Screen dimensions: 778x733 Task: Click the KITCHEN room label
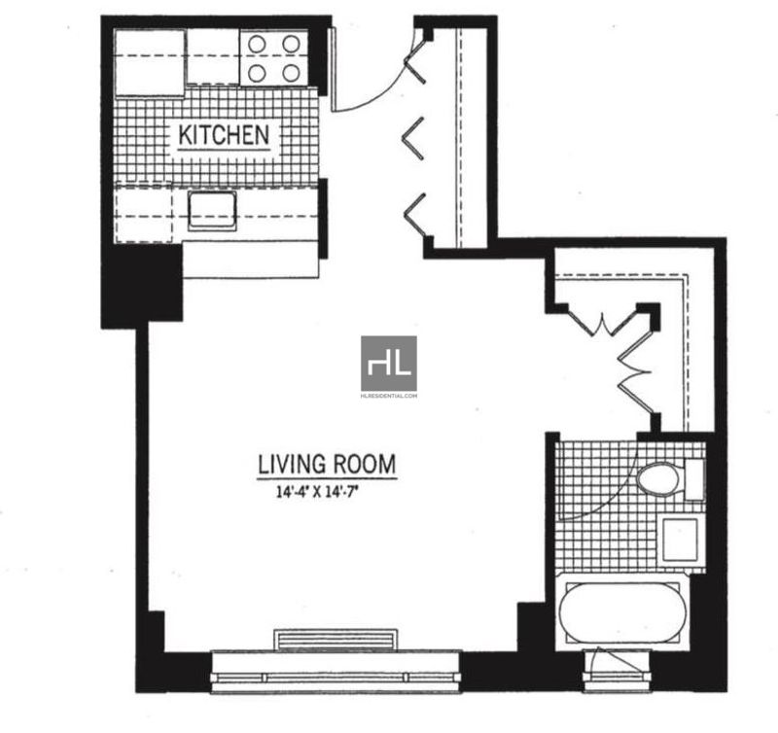pyautogui.click(x=224, y=135)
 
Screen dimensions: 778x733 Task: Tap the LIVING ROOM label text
pyautogui.click(x=327, y=464)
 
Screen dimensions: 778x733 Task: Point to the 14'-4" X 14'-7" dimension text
pyautogui.click(x=318, y=493)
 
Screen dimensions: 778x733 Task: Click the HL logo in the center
pyautogui.click(x=389, y=364)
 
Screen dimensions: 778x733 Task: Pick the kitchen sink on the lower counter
pyautogui.click(x=212, y=210)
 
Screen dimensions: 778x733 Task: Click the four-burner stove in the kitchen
pyautogui.click(x=273, y=58)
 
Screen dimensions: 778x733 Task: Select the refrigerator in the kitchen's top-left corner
pyautogui.click(x=150, y=62)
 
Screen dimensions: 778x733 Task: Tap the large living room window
pyautogui.click(x=336, y=672)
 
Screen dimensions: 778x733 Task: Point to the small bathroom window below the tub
pyautogui.click(x=617, y=669)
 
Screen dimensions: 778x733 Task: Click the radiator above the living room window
pyautogui.click(x=336, y=640)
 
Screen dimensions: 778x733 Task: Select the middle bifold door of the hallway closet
pyautogui.click(x=414, y=135)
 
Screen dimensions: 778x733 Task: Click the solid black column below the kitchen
pyautogui.click(x=142, y=286)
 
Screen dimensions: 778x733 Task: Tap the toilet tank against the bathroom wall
pyautogui.click(x=694, y=479)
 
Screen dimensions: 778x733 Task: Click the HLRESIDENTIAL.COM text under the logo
pyautogui.click(x=389, y=396)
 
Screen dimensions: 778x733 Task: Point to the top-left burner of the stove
pyautogui.click(x=257, y=44)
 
